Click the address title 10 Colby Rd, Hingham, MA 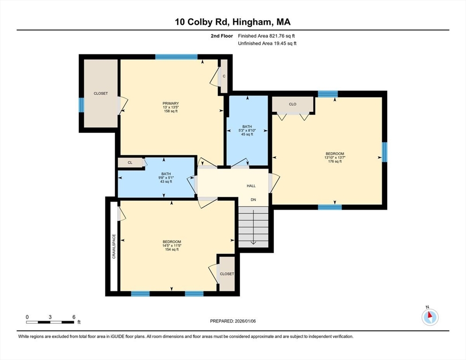pyautogui.click(x=233, y=22)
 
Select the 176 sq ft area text pyautogui.click(x=335, y=162)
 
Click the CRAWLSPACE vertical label pyautogui.click(x=114, y=246)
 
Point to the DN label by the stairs pyautogui.click(x=254, y=200)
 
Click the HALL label pyautogui.click(x=251, y=186)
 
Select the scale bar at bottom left pyautogui.click(x=50, y=322)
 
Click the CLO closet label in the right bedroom pyautogui.click(x=293, y=104)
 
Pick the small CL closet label pyautogui.click(x=130, y=163)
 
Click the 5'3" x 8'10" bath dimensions pyautogui.click(x=247, y=130)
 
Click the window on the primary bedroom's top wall pyautogui.click(x=176, y=57)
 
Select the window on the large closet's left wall pyautogui.click(x=81, y=105)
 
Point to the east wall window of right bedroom pyautogui.click(x=384, y=152)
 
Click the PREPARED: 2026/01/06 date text pyautogui.click(x=233, y=321)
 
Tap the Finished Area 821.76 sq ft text pyautogui.click(x=267, y=36)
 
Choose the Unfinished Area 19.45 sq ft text pyautogui.click(x=267, y=44)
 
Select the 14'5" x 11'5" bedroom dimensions pyautogui.click(x=172, y=246)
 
